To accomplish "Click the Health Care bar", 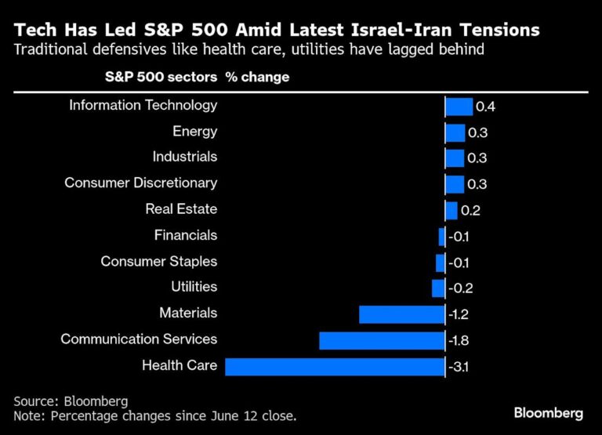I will click(x=335, y=367).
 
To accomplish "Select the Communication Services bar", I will click(x=382, y=341).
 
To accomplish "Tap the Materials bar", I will click(x=401, y=314).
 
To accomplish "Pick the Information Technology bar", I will click(x=459, y=107).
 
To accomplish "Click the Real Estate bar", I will click(x=451, y=210).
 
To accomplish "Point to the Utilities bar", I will click(x=438, y=288).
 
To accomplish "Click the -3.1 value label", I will click(x=459, y=367).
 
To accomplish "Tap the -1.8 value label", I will click(x=459, y=341).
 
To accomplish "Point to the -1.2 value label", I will click(x=459, y=314).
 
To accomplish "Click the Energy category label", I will click(x=194, y=132).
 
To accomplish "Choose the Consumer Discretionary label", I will click(x=140, y=183).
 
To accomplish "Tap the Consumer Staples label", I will click(x=158, y=262).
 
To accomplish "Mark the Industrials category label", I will click(x=184, y=158).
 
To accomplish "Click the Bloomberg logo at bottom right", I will click(x=548, y=413).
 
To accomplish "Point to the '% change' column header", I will click(x=257, y=78).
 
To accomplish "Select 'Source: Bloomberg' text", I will click(x=70, y=401).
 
